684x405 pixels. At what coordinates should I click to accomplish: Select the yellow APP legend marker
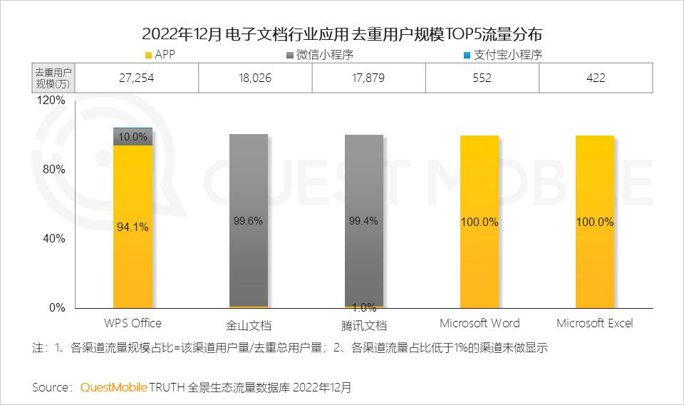tap(148, 55)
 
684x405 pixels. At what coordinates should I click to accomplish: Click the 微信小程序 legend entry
tap(324, 55)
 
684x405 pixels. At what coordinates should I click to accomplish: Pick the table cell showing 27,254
tap(136, 78)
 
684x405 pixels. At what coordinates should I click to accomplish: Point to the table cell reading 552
tap(482, 78)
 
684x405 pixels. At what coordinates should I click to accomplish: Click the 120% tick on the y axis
tap(51, 101)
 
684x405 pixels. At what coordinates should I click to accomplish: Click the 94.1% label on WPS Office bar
tap(133, 227)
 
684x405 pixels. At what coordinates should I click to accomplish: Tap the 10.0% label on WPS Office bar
tap(133, 137)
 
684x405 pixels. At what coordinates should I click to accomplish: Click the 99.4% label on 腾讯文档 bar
tap(363, 221)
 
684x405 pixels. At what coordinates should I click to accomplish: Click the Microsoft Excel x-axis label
tap(595, 324)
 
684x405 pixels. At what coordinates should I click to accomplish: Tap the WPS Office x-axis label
tap(133, 324)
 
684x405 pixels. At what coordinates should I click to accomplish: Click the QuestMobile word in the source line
tap(114, 388)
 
